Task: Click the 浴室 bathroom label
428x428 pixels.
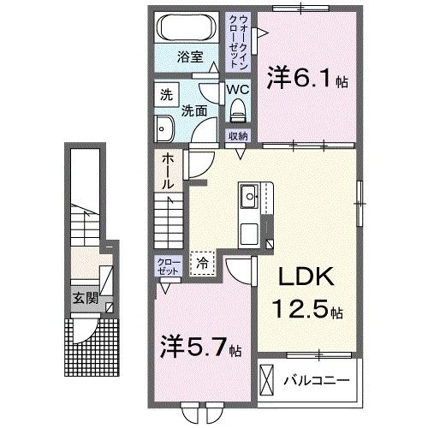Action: pyautogui.click(x=190, y=57)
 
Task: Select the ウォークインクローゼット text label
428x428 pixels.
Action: pyautogui.click(x=236, y=41)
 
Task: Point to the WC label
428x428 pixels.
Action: pyautogui.click(x=238, y=88)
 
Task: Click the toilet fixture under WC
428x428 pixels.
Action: pyautogui.click(x=238, y=109)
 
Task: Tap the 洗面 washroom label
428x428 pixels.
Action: pyautogui.click(x=193, y=111)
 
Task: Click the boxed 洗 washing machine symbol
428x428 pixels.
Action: pyautogui.click(x=165, y=94)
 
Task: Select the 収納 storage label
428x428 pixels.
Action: pyautogui.click(x=237, y=136)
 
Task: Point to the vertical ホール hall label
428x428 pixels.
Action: pyautogui.click(x=168, y=172)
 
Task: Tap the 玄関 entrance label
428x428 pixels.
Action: pyautogui.click(x=84, y=299)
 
